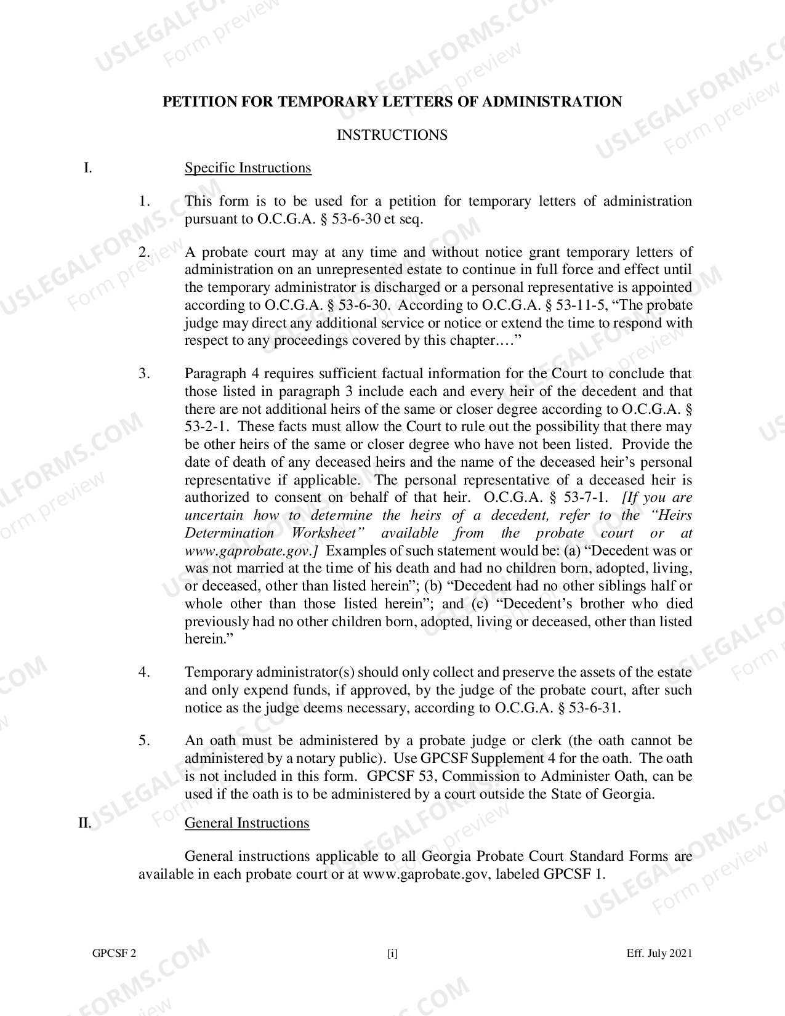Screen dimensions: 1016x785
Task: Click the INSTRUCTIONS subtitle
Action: coord(392,135)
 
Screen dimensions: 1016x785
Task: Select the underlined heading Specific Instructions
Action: coord(248,168)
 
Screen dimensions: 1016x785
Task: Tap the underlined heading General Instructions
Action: coord(247,823)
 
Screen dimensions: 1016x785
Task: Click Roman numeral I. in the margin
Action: coord(88,168)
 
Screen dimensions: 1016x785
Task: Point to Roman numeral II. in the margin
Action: coord(85,823)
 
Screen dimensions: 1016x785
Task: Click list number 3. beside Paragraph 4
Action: coord(144,374)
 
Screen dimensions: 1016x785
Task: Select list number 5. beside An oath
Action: coord(144,741)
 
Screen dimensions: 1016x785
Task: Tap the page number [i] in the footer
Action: coord(392,954)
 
